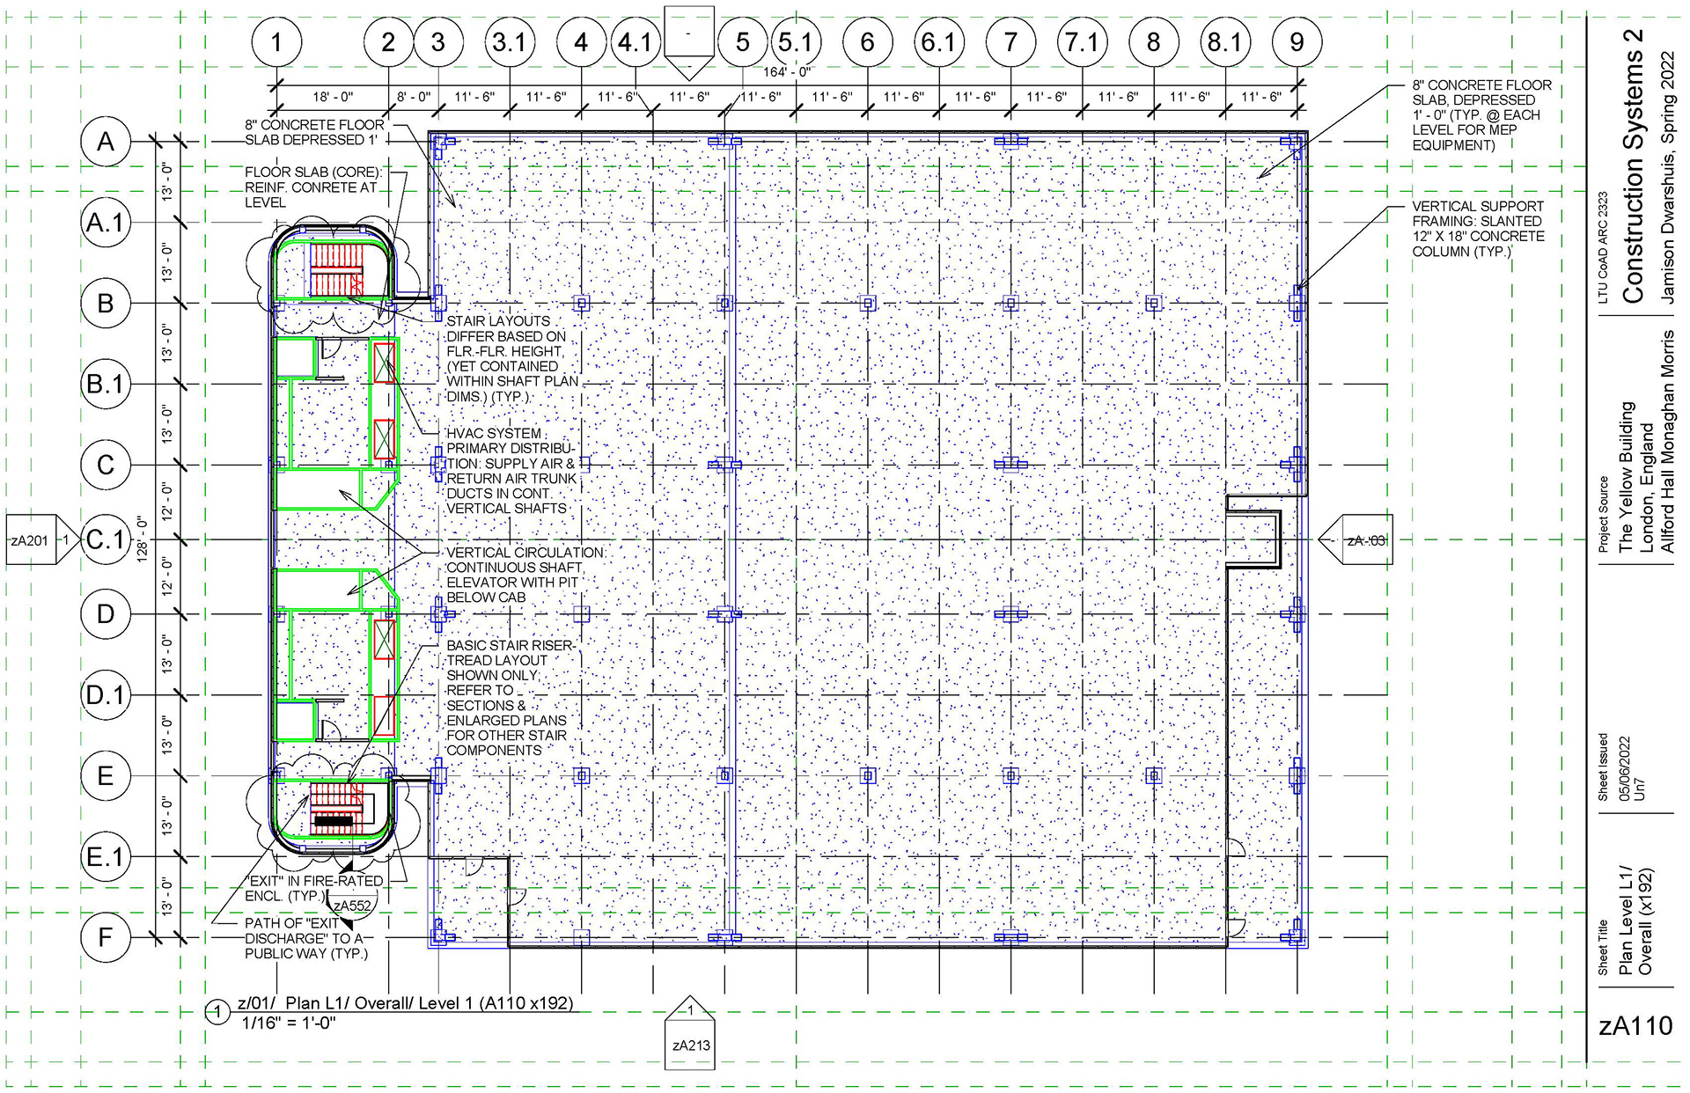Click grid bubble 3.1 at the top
[x=509, y=41]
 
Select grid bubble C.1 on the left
[x=106, y=539]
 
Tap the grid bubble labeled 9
[x=1297, y=41]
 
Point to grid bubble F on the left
[x=106, y=937]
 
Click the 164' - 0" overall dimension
[x=786, y=72]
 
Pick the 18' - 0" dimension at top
[x=333, y=97]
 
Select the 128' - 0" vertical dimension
[x=143, y=539]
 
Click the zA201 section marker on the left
[x=30, y=540]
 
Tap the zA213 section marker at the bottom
[x=690, y=1045]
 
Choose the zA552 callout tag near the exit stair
[x=351, y=906]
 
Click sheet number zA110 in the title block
[x=1635, y=1026]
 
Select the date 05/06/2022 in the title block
[x=1625, y=767]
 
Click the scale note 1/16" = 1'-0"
[x=289, y=1023]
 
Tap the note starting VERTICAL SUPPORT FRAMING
[x=1478, y=229]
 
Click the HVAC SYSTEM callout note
[x=511, y=471]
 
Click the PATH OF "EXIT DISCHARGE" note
[x=306, y=938]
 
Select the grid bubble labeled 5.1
[x=796, y=41]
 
